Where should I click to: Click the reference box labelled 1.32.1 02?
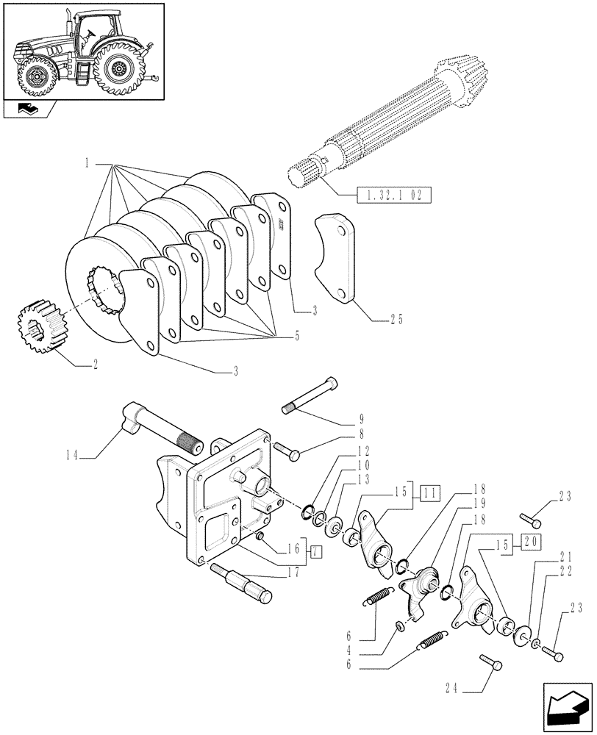click(393, 196)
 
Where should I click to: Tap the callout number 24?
click(451, 689)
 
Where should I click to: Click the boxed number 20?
click(530, 542)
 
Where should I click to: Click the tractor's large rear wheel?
click(118, 69)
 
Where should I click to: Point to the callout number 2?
click(95, 363)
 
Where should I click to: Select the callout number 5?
click(296, 336)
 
